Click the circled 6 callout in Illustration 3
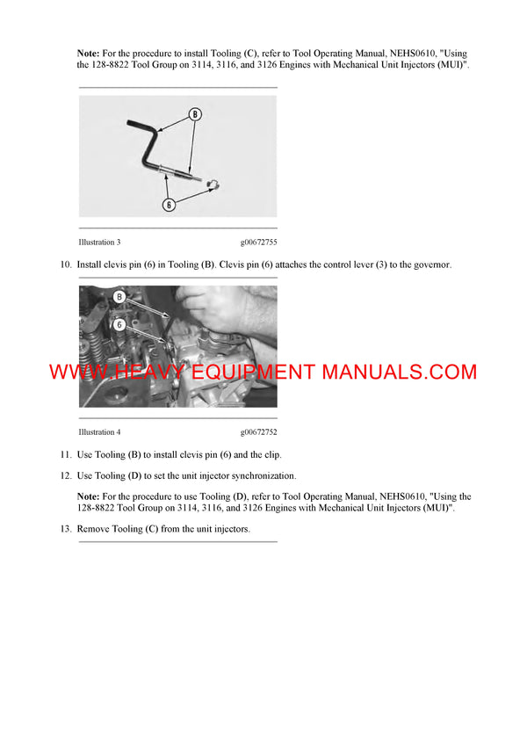point(170,204)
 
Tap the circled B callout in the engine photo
point(119,298)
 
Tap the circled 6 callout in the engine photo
point(119,322)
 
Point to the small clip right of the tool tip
point(213,183)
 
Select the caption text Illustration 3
point(99,242)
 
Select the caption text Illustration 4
point(99,432)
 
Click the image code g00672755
point(258,242)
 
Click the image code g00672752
point(258,432)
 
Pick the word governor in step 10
point(430,264)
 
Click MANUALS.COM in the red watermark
point(399,372)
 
